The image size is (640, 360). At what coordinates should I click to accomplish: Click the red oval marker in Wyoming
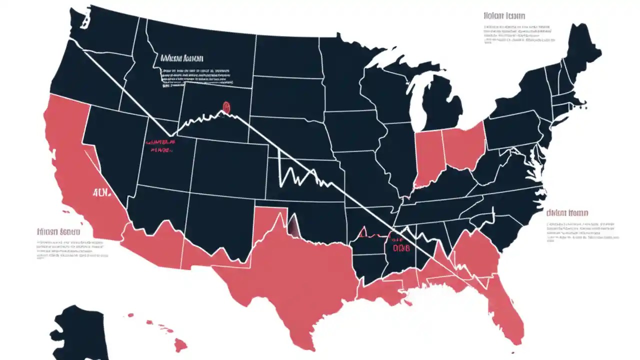point(226,106)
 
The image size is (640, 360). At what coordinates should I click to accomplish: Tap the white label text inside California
point(101,192)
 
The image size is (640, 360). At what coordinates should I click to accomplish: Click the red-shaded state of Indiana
point(428,157)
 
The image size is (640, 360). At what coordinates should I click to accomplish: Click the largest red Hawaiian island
point(180,344)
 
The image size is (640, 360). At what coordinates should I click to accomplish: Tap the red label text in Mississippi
point(400,247)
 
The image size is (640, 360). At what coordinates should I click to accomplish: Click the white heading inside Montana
point(182,58)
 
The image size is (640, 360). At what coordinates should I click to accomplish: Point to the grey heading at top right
point(504,16)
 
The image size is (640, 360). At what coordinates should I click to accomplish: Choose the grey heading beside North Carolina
point(567,213)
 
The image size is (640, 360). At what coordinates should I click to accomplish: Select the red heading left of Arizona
point(58,232)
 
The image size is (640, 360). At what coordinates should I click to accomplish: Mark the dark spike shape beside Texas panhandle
point(292,224)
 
